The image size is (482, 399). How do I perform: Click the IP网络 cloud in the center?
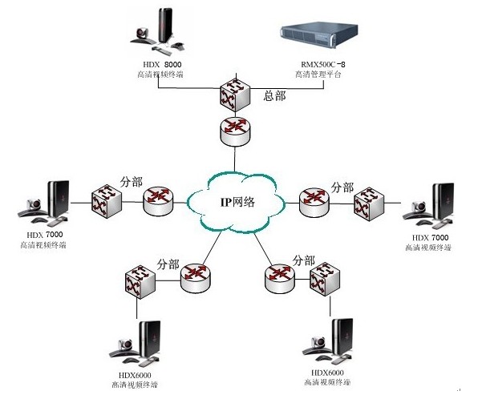point(237,202)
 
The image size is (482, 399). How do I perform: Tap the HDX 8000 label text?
point(157,62)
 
